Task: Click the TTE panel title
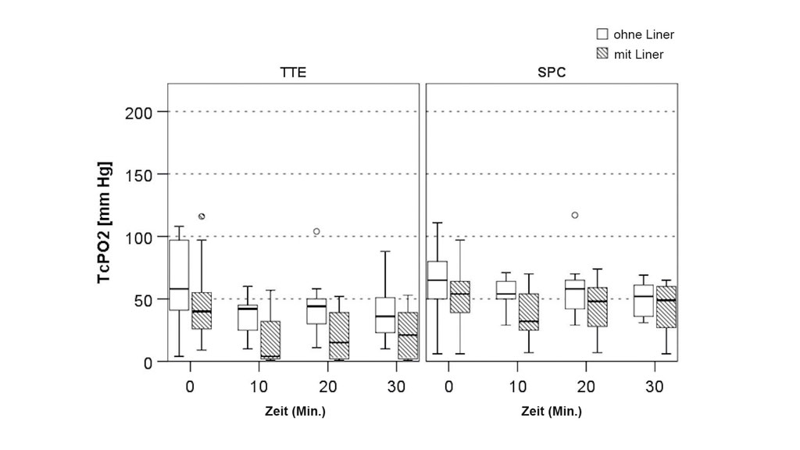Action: [x=293, y=73]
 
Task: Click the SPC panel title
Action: [x=552, y=73]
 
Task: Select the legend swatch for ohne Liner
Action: [x=602, y=34]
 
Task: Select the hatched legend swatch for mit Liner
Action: [x=602, y=54]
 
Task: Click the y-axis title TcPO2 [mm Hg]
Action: [x=105, y=223]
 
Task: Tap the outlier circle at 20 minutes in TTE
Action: [x=316, y=231]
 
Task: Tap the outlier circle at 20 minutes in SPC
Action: [x=575, y=215]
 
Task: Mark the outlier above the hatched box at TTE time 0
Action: [x=202, y=216]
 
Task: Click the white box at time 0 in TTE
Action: [x=179, y=275]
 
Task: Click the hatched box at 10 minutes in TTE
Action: [x=270, y=340]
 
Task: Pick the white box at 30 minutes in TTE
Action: [x=385, y=315]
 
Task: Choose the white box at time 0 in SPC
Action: [x=437, y=280]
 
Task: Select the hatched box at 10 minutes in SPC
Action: [x=529, y=312]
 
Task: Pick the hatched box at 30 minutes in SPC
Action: [x=666, y=307]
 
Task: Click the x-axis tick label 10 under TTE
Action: [x=259, y=386]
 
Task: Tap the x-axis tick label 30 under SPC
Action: [x=655, y=386]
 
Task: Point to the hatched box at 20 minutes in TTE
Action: [x=339, y=336]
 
